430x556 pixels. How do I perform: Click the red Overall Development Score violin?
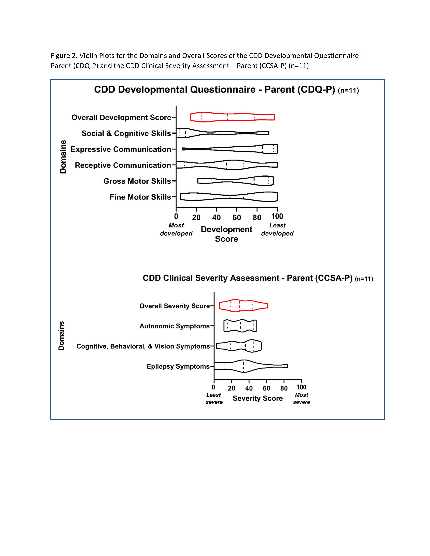(x=232, y=117)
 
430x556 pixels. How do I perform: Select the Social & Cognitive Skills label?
(x=126, y=133)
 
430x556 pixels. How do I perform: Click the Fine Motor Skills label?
(x=140, y=197)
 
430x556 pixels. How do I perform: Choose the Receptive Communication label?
(x=123, y=165)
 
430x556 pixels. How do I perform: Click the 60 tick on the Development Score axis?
(x=237, y=217)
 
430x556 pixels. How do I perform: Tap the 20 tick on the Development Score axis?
(x=196, y=217)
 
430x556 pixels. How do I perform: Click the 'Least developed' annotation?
(x=277, y=229)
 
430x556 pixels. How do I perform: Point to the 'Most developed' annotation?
(x=176, y=229)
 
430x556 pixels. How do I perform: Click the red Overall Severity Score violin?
(x=243, y=305)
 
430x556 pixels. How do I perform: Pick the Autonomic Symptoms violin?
(x=240, y=326)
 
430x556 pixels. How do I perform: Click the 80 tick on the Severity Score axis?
(x=284, y=388)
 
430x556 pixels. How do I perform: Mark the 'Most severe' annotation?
(x=301, y=398)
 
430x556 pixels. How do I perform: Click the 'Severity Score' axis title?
(x=257, y=398)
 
